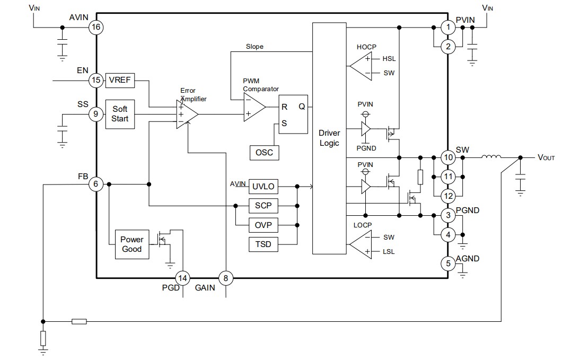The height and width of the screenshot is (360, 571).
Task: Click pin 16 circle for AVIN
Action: coord(96,28)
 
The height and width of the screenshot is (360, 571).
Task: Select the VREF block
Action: coord(120,81)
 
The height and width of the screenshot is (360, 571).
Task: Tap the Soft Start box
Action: coord(120,114)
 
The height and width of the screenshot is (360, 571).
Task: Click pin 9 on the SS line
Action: coord(96,114)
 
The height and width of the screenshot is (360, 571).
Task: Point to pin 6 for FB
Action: coord(96,184)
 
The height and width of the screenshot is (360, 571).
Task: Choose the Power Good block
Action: coord(131,244)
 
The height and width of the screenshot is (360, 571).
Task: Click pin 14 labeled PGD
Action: coord(183,277)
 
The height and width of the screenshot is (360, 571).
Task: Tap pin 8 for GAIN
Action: coord(226,277)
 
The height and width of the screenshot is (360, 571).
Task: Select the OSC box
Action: coord(264,152)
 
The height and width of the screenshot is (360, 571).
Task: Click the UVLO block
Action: coord(263,186)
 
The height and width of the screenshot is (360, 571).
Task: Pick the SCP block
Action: coord(263,205)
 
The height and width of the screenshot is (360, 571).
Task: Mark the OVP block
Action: coord(263,225)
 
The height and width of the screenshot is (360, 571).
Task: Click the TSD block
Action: coord(263,244)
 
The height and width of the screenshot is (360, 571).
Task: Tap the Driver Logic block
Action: coord(329,138)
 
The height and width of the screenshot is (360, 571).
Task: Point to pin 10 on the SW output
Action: coord(449,157)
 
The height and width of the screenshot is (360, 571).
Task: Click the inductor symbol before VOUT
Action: coord(491,157)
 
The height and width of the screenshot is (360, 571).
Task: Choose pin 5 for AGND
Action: coord(449,263)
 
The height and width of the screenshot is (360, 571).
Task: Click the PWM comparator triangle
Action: coord(253,107)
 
